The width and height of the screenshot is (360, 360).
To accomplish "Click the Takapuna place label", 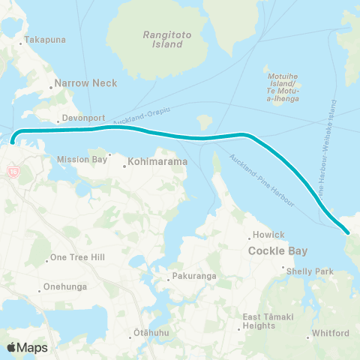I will [41, 39].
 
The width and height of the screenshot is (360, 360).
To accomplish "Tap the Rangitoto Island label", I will [163, 39].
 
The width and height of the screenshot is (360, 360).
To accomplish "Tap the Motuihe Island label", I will [283, 87].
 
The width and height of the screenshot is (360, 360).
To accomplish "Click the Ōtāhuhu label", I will [148, 331].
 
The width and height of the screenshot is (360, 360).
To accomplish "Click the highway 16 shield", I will [13, 172].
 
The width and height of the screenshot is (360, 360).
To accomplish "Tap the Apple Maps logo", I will [27, 347].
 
